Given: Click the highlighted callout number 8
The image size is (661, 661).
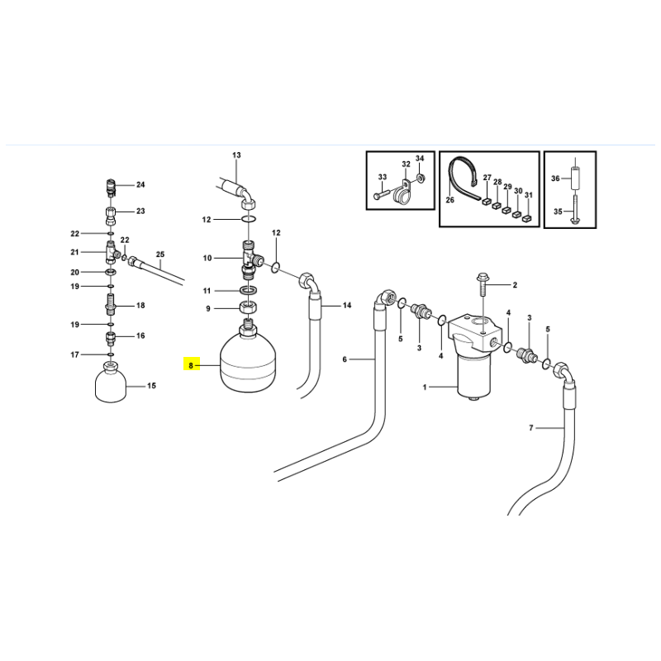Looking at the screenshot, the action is click(x=191, y=365).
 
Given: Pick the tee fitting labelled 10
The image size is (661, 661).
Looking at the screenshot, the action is click(x=252, y=259).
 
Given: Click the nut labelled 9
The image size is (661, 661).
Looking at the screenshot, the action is click(x=248, y=307).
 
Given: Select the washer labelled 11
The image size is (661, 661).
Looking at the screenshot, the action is click(x=248, y=291).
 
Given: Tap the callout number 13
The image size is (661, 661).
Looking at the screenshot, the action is click(x=236, y=155).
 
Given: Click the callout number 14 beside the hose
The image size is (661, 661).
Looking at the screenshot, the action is click(x=347, y=305).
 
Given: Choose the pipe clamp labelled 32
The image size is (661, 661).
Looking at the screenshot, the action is click(x=402, y=193).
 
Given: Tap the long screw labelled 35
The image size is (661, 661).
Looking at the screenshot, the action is click(x=575, y=209).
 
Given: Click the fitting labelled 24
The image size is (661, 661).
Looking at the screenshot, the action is click(x=110, y=188).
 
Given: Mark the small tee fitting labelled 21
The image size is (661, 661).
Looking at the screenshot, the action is click(x=112, y=253).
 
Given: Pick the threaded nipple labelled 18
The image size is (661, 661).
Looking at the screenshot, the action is click(x=110, y=305).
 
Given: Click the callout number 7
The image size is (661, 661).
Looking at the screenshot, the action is click(x=530, y=428).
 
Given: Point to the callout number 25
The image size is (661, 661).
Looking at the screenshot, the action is click(x=159, y=254).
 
